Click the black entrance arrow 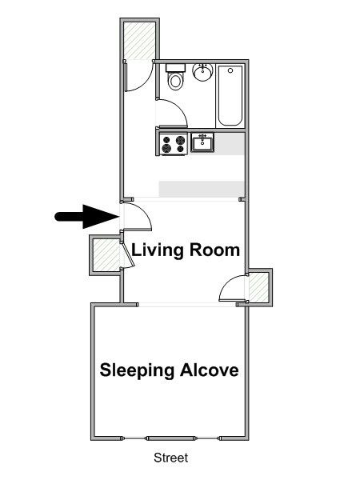click(x=86, y=217)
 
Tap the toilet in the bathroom click(x=175, y=77)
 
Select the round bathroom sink click(x=202, y=72)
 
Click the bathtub click(x=230, y=96)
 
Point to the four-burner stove click(x=174, y=144)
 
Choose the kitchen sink click(x=202, y=142)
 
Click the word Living click(x=157, y=250)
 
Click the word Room click(x=214, y=250)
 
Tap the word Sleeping click(x=137, y=370)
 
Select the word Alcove click(x=210, y=370)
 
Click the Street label click(x=171, y=458)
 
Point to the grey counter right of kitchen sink click(x=230, y=143)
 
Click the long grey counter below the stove click(x=202, y=189)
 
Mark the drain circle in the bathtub click(x=230, y=70)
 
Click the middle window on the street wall click(x=170, y=438)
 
